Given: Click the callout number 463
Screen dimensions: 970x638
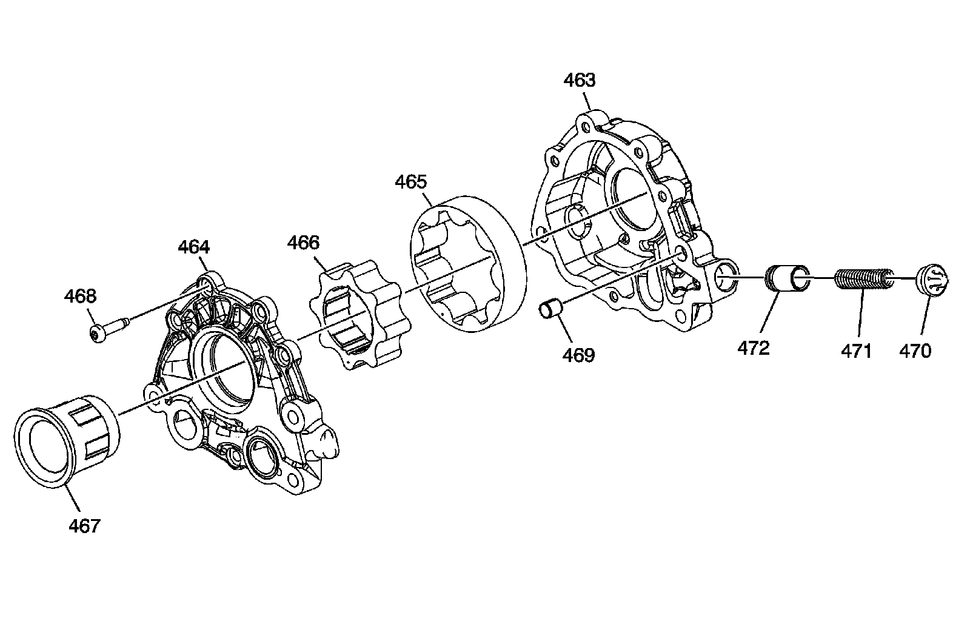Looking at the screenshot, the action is [x=580, y=80].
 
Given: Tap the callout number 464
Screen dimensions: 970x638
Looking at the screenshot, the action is [x=194, y=247].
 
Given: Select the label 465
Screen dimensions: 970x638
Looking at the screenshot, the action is [x=410, y=182].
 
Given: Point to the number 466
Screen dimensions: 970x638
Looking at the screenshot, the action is [x=303, y=243].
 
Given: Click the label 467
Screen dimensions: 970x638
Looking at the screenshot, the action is [x=84, y=525].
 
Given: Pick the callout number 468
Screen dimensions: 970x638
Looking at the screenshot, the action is [x=80, y=296].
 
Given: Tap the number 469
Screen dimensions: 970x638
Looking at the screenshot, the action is [x=579, y=355].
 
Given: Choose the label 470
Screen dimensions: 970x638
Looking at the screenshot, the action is [x=915, y=351].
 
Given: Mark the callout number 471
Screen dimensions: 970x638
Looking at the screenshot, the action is [x=855, y=351].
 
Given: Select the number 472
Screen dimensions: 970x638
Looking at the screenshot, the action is [x=754, y=348].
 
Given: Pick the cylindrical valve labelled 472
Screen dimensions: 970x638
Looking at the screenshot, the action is [x=785, y=278].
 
